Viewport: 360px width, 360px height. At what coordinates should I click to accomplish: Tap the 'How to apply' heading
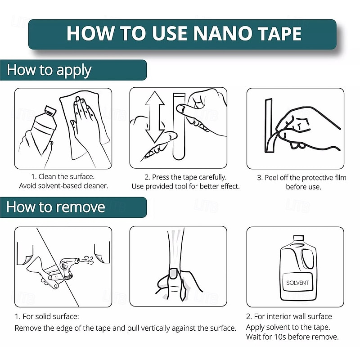(49, 70)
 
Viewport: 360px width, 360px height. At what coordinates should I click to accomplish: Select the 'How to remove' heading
(56, 207)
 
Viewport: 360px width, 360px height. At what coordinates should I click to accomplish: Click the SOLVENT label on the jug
(297, 283)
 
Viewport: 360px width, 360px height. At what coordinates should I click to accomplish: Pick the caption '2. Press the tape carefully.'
(185, 177)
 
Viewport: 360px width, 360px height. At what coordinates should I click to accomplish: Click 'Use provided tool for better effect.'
(185, 186)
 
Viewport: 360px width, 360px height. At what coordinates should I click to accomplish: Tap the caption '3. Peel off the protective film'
(301, 177)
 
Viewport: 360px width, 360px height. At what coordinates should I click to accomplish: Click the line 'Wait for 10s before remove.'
(292, 337)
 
